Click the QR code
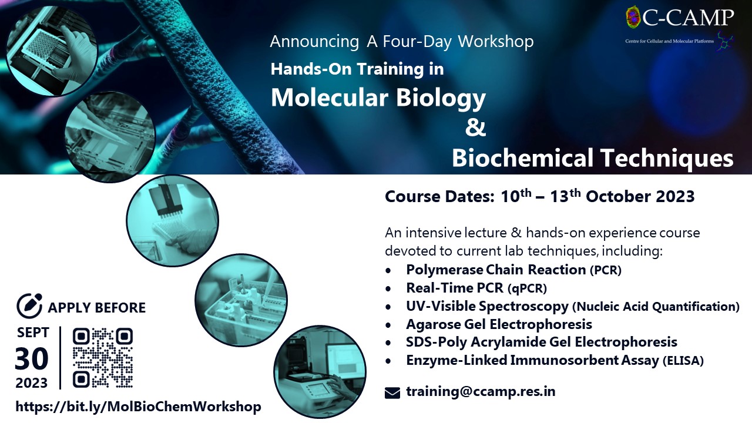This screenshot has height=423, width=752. (103, 358)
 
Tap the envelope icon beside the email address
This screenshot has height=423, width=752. (392, 393)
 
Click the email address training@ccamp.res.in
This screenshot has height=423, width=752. (481, 391)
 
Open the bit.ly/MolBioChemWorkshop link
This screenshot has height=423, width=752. (138, 407)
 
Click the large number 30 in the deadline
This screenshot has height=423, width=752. (32, 358)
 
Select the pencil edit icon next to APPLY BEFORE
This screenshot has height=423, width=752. (29, 305)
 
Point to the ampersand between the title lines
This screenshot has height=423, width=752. (475, 127)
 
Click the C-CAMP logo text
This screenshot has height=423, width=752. (688, 18)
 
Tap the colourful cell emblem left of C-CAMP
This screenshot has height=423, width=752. (633, 16)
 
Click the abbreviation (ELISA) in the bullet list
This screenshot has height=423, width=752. (683, 361)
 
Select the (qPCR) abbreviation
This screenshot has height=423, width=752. (527, 288)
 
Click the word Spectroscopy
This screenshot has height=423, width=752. (523, 307)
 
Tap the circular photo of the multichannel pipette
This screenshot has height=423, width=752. (173, 221)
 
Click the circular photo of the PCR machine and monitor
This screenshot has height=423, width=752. (320, 372)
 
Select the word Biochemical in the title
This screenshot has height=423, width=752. (522, 158)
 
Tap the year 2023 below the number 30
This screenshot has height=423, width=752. (32, 383)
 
